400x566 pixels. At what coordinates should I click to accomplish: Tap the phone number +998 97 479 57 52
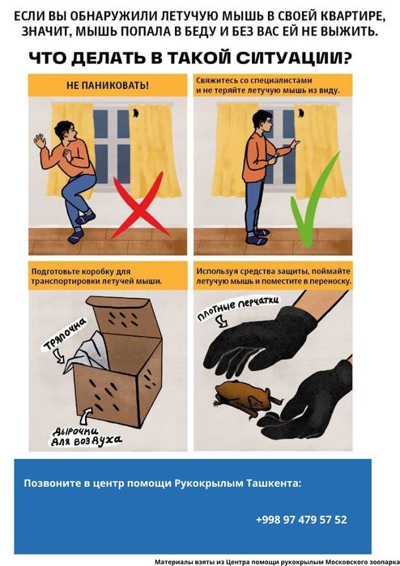[301, 519]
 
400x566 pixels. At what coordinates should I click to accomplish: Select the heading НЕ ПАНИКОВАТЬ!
[108, 86]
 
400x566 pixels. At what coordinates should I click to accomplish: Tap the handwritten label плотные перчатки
[237, 308]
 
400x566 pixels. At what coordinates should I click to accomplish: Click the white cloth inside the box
[87, 353]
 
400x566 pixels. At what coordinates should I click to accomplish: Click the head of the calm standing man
[262, 121]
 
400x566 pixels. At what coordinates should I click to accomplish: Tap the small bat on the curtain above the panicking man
[135, 113]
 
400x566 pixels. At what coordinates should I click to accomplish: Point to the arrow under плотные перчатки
[222, 321]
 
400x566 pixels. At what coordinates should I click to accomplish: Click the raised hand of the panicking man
[40, 140]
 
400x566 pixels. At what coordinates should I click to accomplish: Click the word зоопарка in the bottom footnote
[382, 562]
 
